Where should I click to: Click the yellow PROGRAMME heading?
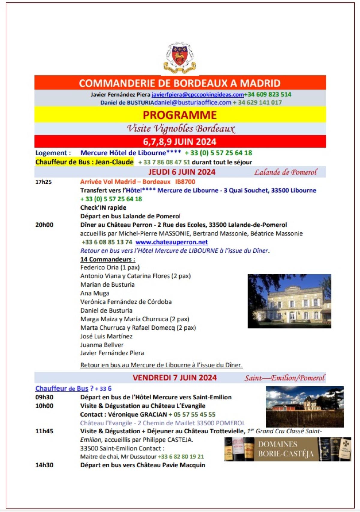(x=180, y=115)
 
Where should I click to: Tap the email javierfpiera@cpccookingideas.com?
(x=198, y=95)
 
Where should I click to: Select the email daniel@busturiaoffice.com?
(x=193, y=102)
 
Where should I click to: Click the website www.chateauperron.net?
(x=172, y=242)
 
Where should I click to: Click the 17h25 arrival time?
(x=43, y=182)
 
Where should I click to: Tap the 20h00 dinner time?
(x=44, y=225)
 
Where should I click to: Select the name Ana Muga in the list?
(x=95, y=293)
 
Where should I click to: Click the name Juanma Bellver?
(x=102, y=345)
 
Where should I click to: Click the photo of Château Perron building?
(x=289, y=301)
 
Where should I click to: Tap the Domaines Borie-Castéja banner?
(x=287, y=449)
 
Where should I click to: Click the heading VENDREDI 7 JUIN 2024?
(x=175, y=378)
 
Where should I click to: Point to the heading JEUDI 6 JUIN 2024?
(x=182, y=172)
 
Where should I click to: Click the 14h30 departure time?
(x=44, y=465)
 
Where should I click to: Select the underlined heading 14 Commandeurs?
(x=108, y=259)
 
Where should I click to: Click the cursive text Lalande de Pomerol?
(x=286, y=172)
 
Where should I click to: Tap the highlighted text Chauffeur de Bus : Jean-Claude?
(x=85, y=162)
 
